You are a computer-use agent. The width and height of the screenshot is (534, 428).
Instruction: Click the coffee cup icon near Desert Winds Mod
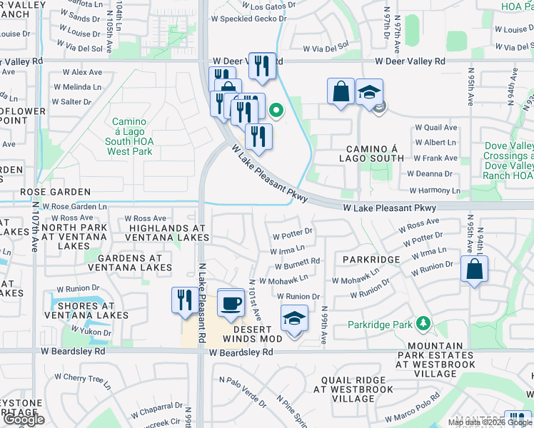(230, 302)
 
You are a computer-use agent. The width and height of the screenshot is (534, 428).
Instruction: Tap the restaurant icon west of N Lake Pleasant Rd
(184, 299)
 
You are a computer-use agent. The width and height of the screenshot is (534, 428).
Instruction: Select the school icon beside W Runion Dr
(293, 318)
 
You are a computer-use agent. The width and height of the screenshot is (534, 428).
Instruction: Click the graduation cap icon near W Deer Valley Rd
(369, 92)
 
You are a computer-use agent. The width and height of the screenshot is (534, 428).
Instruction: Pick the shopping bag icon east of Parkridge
(475, 270)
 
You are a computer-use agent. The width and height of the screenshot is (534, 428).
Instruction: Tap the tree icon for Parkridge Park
(423, 325)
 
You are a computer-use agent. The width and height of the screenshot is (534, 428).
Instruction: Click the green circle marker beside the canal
(274, 110)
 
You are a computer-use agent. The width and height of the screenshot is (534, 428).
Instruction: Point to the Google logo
(24, 420)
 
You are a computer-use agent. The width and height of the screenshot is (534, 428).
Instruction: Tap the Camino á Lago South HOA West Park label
(129, 132)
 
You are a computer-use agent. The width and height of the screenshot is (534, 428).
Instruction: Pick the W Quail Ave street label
(435, 128)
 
